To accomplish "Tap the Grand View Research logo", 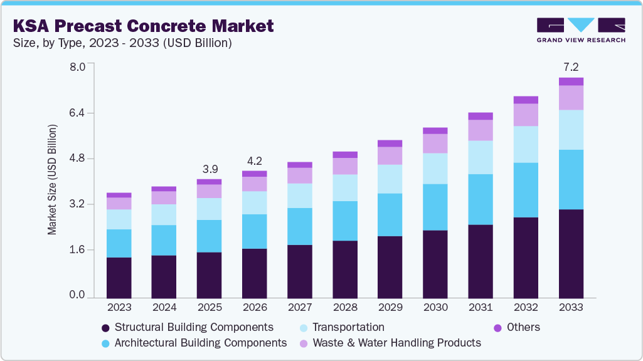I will click(580, 29).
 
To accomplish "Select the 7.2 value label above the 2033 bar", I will click(571, 66).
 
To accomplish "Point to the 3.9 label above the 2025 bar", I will click(209, 169).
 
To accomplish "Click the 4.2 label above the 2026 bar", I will click(254, 160).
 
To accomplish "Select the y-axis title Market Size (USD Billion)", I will click(53, 180).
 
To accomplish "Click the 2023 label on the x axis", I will click(119, 308).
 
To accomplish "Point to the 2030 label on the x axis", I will click(435, 308).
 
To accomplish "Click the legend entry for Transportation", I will click(341, 327).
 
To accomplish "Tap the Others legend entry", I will click(516, 327).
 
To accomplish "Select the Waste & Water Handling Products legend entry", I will click(390, 343).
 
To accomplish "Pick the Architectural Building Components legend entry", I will click(193, 343).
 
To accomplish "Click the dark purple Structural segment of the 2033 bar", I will click(571, 253).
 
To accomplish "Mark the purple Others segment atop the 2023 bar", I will click(119, 195).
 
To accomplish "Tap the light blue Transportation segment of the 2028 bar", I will click(345, 187).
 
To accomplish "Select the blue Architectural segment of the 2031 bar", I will click(481, 199).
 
